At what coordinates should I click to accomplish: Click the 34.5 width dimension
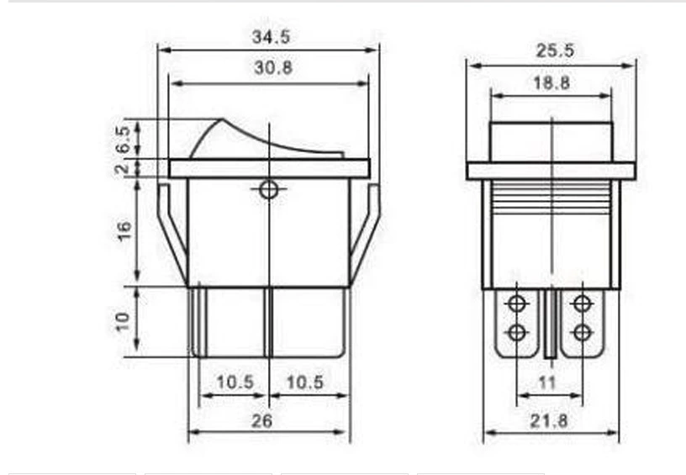(x=271, y=37)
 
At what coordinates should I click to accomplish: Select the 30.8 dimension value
(x=273, y=68)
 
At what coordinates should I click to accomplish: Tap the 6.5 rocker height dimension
(x=124, y=140)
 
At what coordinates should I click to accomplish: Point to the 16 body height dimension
(x=124, y=230)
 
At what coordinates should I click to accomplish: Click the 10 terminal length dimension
(x=123, y=321)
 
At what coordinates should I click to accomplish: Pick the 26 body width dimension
(x=261, y=420)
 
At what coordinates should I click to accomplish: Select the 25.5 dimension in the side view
(x=555, y=50)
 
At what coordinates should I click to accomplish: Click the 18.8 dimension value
(x=551, y=82)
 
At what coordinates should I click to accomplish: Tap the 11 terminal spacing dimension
(x=547, y=383)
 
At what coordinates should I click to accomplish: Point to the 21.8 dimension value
(x=549, y=420)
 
